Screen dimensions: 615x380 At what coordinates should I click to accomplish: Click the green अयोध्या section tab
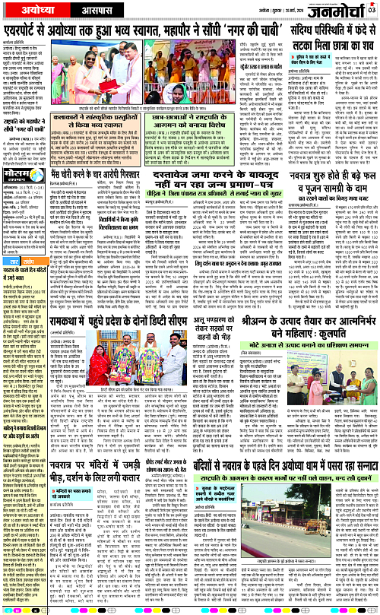pyautogui.click(x=24, y=8)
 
